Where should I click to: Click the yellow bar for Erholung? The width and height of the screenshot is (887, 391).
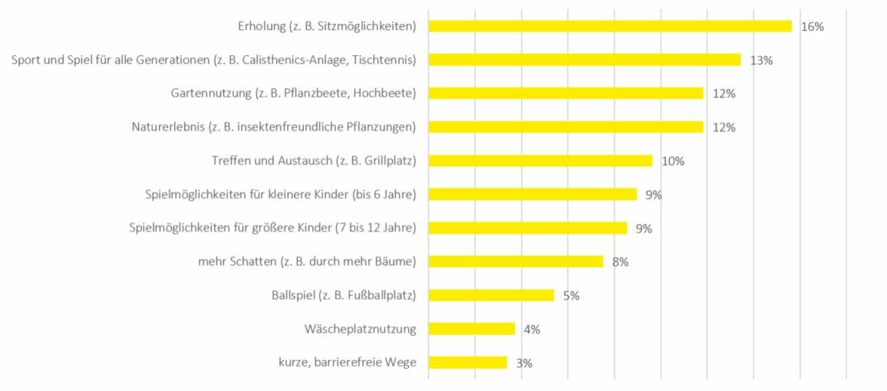(x=609, y=26)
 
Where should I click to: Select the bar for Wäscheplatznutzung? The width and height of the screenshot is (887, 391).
(x=471, y=329)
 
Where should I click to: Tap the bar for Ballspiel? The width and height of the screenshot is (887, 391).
(x=491, y=295)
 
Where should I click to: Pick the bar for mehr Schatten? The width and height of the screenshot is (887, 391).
(x=516, y=261)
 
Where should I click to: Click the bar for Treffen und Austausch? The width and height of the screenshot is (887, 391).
(x=540, y=161)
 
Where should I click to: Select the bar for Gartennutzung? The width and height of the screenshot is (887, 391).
(x=566, y=94)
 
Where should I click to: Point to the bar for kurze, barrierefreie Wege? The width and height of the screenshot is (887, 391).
(x=467, y=363)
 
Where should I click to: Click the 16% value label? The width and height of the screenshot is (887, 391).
(x=812, y=27)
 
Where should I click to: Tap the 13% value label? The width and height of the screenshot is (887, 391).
(x=761, y=61)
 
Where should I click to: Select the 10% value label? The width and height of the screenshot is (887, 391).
(x=673, y=161)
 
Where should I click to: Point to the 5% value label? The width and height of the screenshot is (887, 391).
(x=571, y=295)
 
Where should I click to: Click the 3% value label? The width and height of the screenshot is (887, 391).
(x=524, y=363)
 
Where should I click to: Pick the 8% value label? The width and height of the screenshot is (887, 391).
(x=620, y=261)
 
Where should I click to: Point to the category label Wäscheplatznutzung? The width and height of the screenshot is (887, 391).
(x=360, y=329)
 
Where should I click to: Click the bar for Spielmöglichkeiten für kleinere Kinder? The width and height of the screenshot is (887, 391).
(x=533, y=195)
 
